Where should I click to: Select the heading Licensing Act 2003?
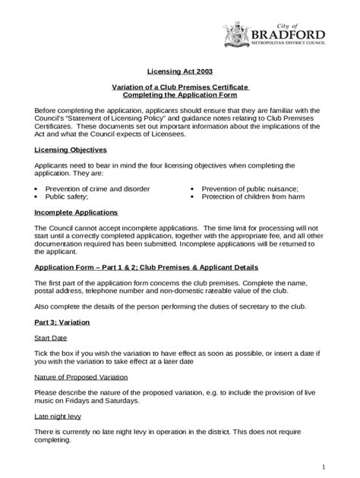click(179, 72)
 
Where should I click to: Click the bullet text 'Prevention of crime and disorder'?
click(97, 188)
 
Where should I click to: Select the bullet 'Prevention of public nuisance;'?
click(249, 188)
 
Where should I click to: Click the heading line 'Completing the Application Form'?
click(179, 96)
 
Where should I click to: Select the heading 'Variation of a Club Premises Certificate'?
click(179, 87)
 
